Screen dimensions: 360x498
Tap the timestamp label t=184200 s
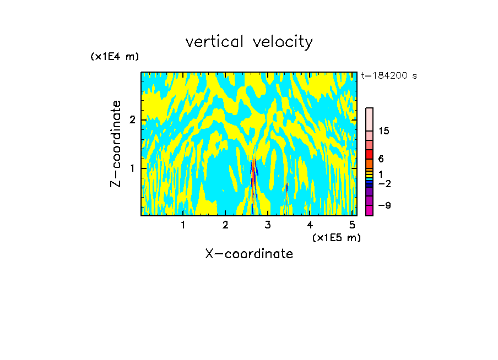pyautogui.click(x=388, y=76)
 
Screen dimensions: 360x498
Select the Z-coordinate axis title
pyautogui.click(x=116, y=144)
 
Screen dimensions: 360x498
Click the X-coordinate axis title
pyautogui.click(x=249, y=254)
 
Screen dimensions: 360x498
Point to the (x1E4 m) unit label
pyautogui.click(x=115, y=57)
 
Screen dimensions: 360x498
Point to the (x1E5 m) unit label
pyautogui.click(x=336, y=237)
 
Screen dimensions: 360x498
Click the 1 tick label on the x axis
pyautogui.click(x=183, y=225)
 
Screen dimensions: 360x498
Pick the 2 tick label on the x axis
pyautogui.click(x=225, y=225)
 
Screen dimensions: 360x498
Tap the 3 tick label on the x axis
pyautogui.click(x=268, y=225)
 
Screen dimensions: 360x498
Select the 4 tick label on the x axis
pyautogui.click(x=310, y=225)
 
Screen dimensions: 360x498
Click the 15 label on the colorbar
pyautogui.click(x=384, y=131)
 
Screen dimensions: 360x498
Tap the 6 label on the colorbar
pyautogui.click(x=381, y=159)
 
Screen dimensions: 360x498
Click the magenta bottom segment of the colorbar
pyautogui.click(x=369, y=210)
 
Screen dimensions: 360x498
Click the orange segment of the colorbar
pyautogui.click(x=369, y=163)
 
